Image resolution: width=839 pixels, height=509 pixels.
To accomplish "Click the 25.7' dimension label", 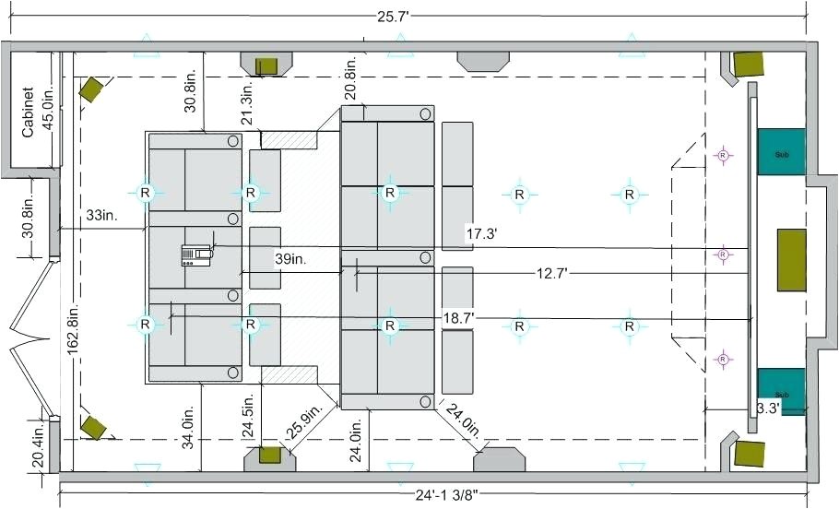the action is [393, 17].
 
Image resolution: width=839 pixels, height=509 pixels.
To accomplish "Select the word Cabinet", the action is [28, 112].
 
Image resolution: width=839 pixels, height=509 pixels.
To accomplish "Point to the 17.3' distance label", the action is [481, 234].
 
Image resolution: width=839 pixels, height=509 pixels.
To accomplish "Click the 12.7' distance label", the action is [551, 274].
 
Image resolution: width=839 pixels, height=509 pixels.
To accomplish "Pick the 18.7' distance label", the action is [458, 318].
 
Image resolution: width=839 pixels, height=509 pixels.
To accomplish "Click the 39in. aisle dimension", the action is [290, 259].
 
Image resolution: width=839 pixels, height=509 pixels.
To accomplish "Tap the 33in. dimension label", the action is [101, 215].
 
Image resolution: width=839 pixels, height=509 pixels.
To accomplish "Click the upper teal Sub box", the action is [781, 152].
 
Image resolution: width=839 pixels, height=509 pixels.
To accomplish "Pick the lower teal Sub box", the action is [781, 391].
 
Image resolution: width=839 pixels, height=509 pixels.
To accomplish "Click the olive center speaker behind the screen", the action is [791, 260].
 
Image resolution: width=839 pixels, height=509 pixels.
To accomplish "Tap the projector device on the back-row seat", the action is [196, 255].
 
